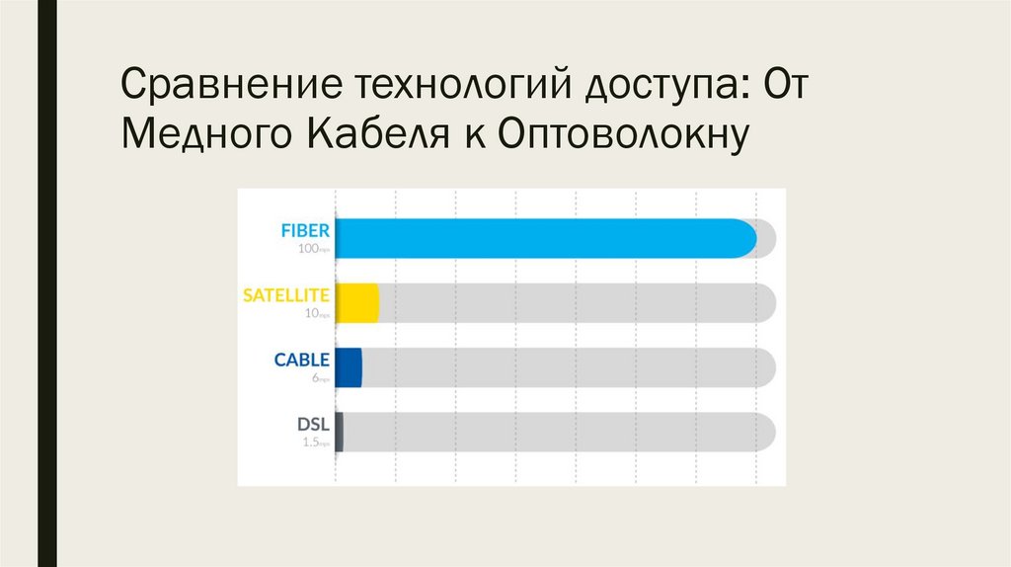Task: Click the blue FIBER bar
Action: click(543, 238)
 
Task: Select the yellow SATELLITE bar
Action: click(356, 303)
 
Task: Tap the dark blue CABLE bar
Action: click(349, 367)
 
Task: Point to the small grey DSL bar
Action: click(340, 432)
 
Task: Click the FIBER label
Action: click(304, 230)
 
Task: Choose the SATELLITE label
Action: click(286, 294)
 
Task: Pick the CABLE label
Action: click(301, 360)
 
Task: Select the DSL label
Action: click(313, 425)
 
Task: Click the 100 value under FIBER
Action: click(308, 249)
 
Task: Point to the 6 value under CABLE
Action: click(314, 378)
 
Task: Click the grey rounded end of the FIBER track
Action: click(767, 238)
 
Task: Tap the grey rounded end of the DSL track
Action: click(765, 432)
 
